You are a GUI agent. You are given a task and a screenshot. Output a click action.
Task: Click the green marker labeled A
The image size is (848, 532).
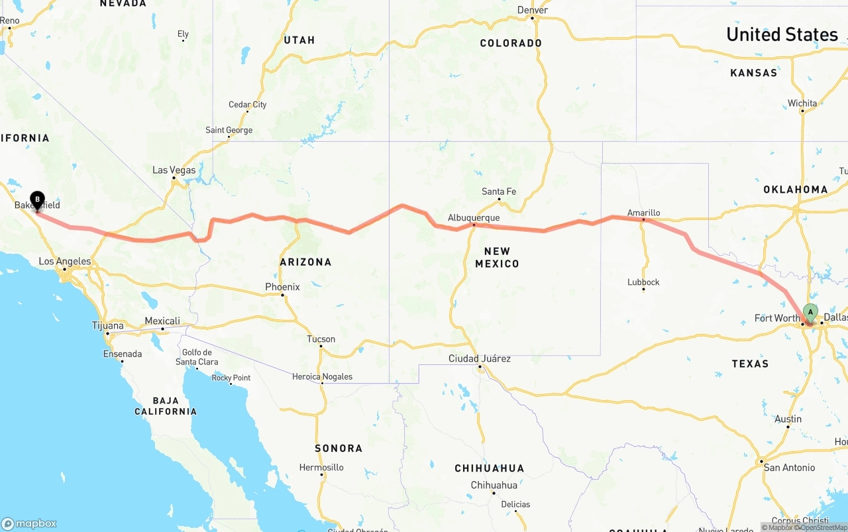click(810, 312)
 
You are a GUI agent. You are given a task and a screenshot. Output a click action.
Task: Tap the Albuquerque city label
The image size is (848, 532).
click(473, 217)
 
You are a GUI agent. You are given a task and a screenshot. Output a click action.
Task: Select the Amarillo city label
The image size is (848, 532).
click(643, 213)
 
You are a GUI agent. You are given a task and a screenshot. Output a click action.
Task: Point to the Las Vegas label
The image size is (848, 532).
click(174, 170)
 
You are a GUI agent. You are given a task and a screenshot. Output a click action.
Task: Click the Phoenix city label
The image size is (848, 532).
click(282, 287)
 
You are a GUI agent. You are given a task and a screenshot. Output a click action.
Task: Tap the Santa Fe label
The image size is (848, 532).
click(498, 191)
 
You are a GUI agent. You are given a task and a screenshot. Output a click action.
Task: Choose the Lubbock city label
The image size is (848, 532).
click(643, 282)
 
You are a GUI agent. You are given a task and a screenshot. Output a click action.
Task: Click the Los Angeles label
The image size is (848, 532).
click(64, 262)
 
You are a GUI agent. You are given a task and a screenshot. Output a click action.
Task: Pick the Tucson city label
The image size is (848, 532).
click(321, 339)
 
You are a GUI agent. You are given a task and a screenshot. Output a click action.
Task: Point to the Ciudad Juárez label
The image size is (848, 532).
click(479, 358)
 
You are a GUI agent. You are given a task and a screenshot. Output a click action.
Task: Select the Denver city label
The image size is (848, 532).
click(533, 10)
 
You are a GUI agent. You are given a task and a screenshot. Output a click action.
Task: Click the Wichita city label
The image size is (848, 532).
click(802, 103)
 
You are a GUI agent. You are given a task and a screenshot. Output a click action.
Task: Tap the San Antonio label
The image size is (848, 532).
click(789, 468)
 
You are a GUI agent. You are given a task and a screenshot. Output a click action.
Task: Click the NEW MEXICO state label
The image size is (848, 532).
click(497, 257)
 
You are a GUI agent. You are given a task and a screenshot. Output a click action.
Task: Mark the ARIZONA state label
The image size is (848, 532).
click(305, 262)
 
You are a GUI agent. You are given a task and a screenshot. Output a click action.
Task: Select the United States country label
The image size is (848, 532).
click(782, 34)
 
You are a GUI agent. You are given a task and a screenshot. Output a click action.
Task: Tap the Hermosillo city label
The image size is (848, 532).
click(321, 467)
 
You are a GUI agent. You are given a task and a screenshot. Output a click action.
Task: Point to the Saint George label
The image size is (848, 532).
click(229, 130)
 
